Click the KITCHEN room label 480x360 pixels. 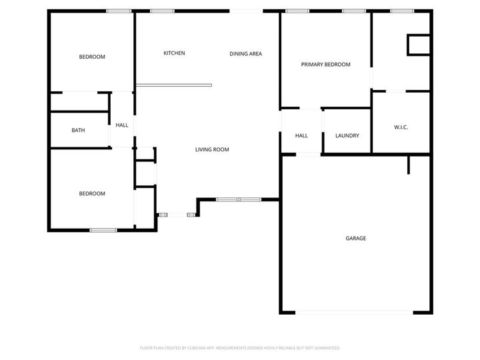coord(174,53)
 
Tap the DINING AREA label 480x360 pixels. coord(245,54)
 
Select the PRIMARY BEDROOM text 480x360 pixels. coord(325,65)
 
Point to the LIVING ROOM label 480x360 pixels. coord(212,150)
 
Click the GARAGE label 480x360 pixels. coord(355,238)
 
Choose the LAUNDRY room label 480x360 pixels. coord(347,136)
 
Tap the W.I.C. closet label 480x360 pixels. coord(401,127)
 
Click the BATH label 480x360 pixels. coord(78,130)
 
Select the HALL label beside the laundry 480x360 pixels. coord(301,136)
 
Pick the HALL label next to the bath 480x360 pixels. coord(122,125)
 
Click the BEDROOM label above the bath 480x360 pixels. coord(92,57)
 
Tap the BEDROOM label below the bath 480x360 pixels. coord(92,194)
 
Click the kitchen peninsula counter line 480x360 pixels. coord(173,85)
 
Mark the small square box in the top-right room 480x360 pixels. coord(418,45)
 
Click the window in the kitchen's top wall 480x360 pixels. coord(162,11)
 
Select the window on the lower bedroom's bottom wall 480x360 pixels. coord(103,231)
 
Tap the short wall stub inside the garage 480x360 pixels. coord(408,165)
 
